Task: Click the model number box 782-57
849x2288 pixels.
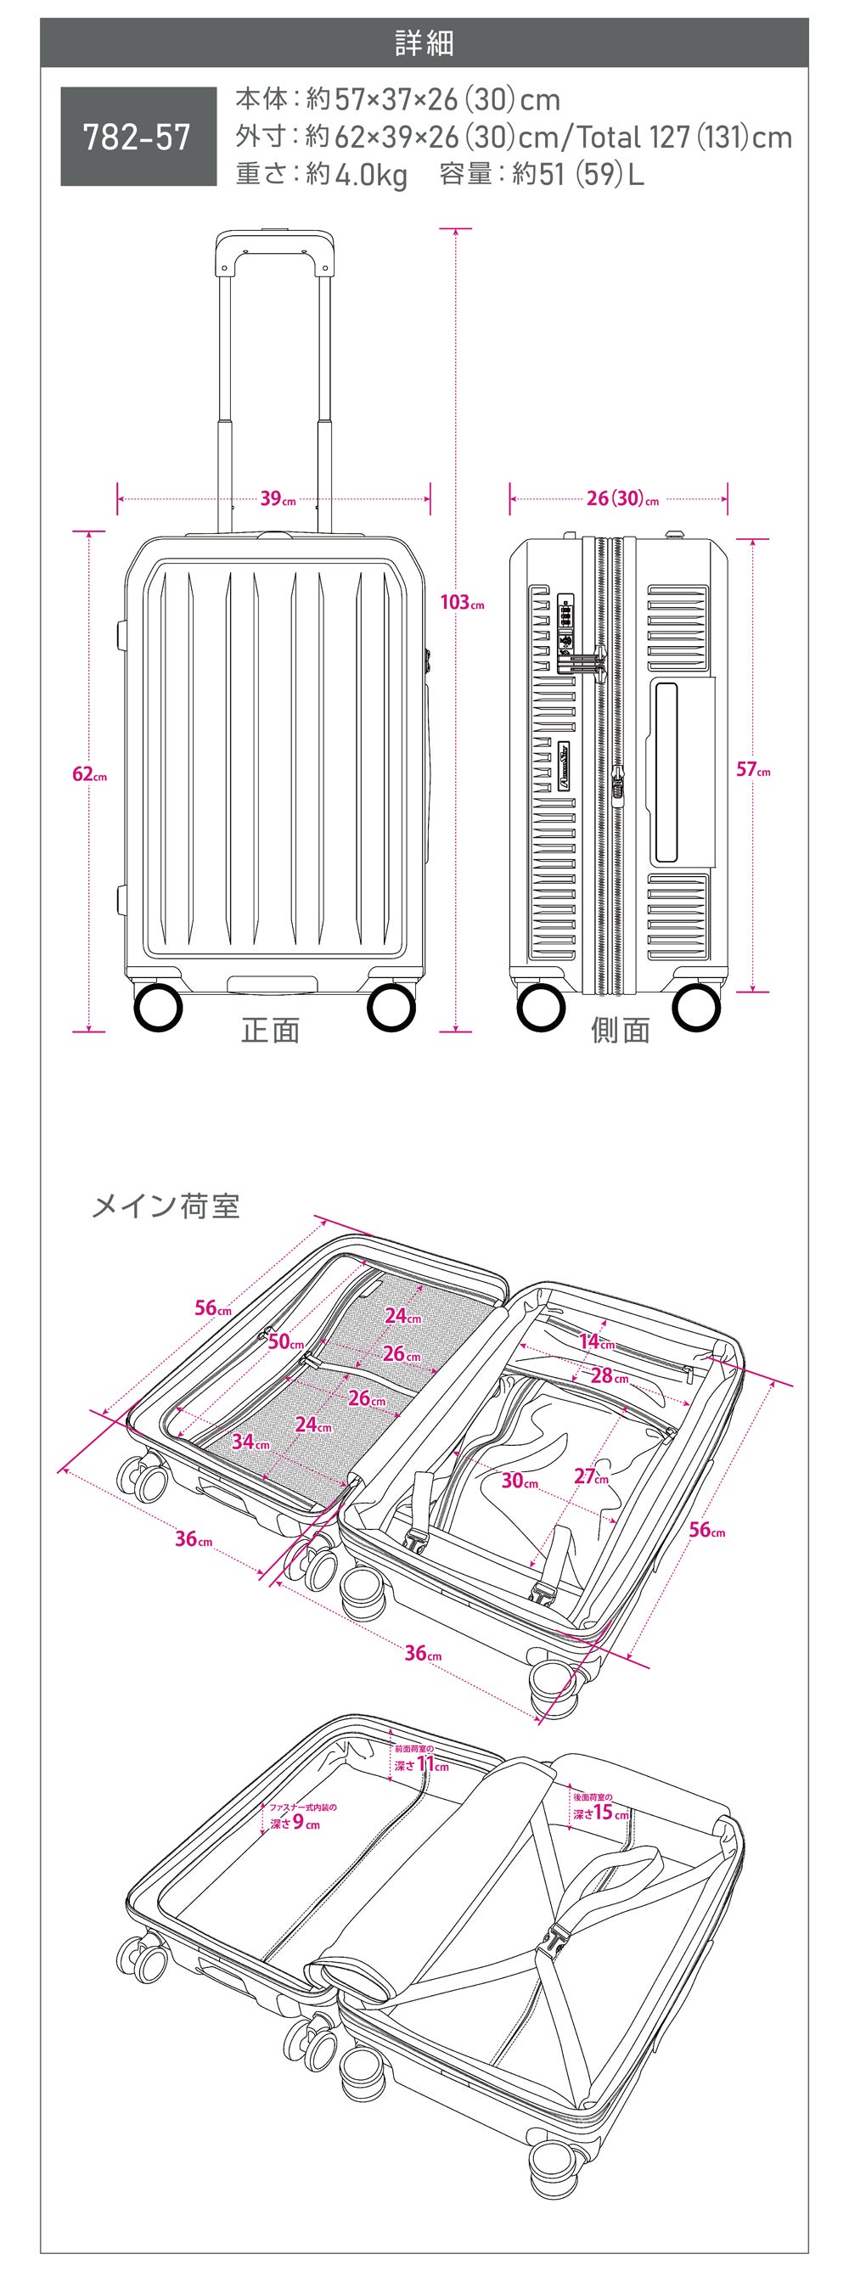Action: point(138,136)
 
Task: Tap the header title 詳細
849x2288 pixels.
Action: point(424,42)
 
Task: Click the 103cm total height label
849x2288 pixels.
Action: point(462,603)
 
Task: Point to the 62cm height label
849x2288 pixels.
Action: point(89,774)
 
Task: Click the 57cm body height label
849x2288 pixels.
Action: point(753,770)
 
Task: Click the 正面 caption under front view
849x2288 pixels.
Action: point(271,1031)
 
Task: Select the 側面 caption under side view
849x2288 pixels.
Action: point(621,1031)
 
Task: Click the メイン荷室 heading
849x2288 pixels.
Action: point(166,1206)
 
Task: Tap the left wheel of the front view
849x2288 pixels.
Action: point(158,1007)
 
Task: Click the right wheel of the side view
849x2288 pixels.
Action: point(697,1007)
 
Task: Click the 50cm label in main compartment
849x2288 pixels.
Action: point(285,1342)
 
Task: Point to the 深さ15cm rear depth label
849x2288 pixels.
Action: point(600,1812)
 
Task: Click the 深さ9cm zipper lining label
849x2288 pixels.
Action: point(295,1824)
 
